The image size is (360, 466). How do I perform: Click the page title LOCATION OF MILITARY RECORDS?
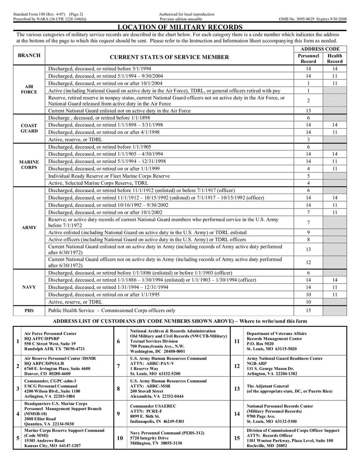click(x=180, y=27)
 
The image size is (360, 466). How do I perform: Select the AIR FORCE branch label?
click(x=29, y=89)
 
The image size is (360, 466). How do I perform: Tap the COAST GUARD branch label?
click(x=29, y=128)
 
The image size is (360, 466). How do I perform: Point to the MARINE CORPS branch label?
click(x=29, y=164)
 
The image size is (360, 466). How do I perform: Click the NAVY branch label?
click(x=29, y=287)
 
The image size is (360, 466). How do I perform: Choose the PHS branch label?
click(x=29, y=310)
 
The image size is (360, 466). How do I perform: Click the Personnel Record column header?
click(x=308, y=59)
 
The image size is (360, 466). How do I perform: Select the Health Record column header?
click(x=335, y=59)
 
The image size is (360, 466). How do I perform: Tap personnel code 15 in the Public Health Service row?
click(x=308, y=310)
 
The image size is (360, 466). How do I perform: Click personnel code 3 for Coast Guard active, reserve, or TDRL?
click(x=308, y=140)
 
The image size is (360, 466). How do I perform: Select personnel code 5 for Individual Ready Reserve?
click(x=308, y=176)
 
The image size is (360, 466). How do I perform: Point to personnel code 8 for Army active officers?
click(x=308, y=240)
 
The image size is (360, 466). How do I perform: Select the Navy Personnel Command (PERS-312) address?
click(x=161, y=438)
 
